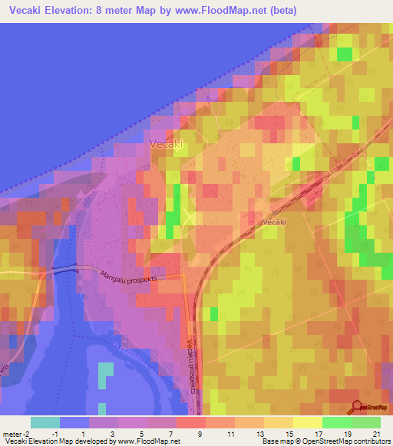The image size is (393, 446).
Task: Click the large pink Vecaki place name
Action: (x=167, y=144)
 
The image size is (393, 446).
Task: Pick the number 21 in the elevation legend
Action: (x=376, y=434)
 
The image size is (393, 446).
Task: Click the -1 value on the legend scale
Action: (x=54, y=434)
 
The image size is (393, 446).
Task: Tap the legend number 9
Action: (x=200, y=434)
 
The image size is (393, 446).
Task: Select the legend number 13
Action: (x=259, y=434)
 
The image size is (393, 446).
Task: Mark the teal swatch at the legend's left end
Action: (x=45, y=422)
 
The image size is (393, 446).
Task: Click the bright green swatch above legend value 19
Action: (x=336, y=422)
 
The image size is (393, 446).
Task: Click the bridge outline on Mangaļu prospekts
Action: (x=65, y=269)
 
